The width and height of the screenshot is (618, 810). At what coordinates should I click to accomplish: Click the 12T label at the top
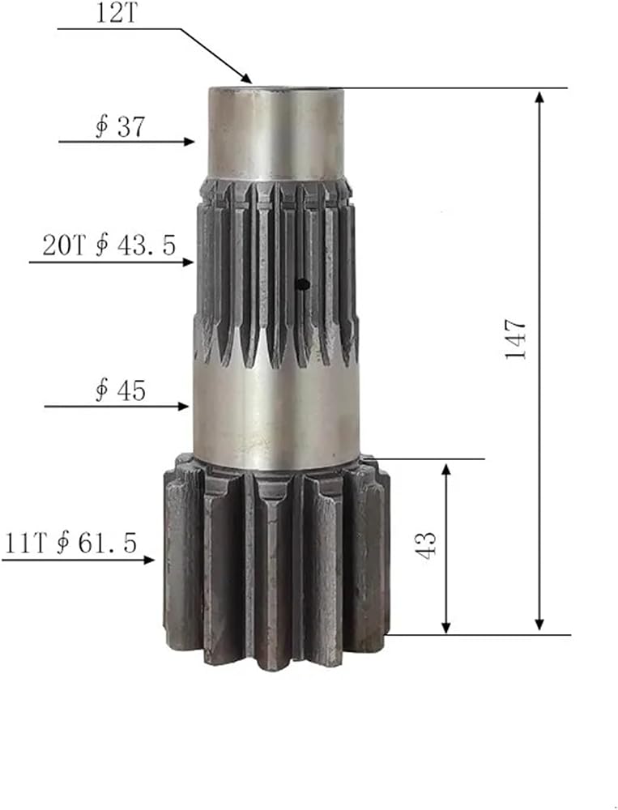point(117,13)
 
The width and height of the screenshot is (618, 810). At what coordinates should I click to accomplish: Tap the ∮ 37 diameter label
point(121,126)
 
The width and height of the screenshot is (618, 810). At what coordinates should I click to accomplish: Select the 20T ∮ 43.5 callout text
point(109,245)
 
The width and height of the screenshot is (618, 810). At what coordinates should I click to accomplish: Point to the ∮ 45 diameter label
point(121,390)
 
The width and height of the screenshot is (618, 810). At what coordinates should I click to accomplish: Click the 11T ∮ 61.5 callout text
point(70,544)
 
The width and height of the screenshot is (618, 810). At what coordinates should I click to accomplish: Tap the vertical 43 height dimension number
point(426,545)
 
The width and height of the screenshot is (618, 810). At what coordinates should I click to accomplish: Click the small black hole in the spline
point(302,283)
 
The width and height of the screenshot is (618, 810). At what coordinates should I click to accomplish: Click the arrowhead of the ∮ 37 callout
point(189,142)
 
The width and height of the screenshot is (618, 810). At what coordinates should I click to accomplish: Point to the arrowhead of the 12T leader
point(246,78)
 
